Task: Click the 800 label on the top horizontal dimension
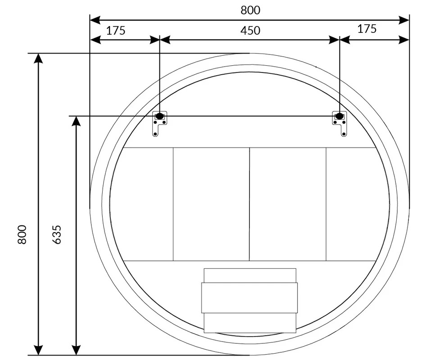click(x=250, y=10)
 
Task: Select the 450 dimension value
click(x=250, y=31)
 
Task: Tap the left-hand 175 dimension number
click(x=116, y=31)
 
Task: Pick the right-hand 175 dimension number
click(x=367, y=29)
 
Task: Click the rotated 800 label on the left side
click(x=22, y=234)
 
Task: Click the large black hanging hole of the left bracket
click(x=159, y=116)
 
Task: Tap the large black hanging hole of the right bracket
click(x=340, y=116)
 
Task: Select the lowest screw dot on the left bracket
click(x=155, y=134)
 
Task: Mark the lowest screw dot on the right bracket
click(x=344, y=134)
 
